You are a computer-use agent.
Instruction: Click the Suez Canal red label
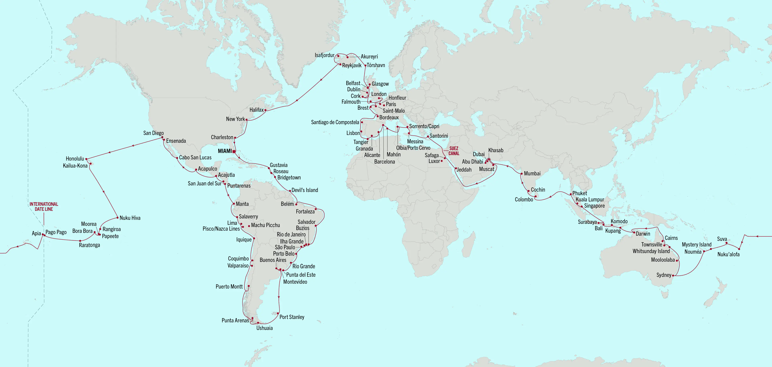(454, 151)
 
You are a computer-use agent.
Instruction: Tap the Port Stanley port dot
(278, 313)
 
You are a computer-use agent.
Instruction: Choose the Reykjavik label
(352, 65)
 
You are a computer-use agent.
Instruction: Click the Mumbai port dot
(522, 174)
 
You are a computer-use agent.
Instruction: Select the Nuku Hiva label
(130, 218)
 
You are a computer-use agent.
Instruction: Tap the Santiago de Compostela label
(335, 122)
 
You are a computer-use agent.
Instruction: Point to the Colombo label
(524, 199)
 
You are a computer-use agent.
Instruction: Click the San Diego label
(153, 133)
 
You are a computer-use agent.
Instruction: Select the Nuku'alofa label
(728, 254)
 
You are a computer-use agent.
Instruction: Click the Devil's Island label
(305, 190)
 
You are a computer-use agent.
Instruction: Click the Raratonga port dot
(80, 241)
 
